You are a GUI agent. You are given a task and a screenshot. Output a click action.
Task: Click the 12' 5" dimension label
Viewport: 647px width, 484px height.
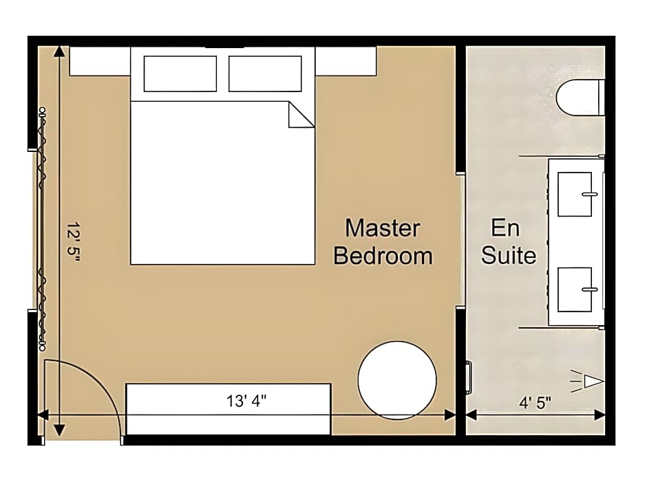[74, 242]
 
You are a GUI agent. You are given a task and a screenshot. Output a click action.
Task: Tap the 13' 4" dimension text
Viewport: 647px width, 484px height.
[246, 400]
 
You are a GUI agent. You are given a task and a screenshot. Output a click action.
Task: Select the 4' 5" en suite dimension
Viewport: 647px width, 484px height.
[535, 402]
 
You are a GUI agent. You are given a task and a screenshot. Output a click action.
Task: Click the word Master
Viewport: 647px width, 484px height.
[383, 228]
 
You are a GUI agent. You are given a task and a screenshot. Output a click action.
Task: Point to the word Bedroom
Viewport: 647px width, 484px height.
[383, 256]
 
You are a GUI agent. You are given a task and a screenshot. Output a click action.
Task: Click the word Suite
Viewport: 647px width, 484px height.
[509, 255]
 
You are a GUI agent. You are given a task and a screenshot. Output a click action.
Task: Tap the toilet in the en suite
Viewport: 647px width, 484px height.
[580, 98]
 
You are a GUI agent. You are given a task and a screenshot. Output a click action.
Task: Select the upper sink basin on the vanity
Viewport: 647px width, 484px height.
[575, 194]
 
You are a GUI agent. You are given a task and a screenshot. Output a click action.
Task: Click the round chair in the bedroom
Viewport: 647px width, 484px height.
[397, 380]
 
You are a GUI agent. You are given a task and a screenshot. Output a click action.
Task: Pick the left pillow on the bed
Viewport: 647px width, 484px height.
[180, 74]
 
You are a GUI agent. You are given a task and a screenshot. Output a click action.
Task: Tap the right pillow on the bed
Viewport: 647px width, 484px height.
[265, 74]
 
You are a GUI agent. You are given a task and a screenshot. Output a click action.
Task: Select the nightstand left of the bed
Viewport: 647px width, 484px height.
[100, 61]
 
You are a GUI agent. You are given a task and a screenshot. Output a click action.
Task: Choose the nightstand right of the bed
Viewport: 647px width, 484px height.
[346, 61]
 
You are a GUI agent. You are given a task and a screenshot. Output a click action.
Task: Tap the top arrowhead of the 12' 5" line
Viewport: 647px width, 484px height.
[59, 51]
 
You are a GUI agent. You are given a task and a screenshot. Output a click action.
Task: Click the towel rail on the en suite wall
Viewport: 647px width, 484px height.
[469, 377]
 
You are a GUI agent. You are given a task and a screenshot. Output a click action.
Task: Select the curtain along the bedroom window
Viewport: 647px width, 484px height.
[42, 229]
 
